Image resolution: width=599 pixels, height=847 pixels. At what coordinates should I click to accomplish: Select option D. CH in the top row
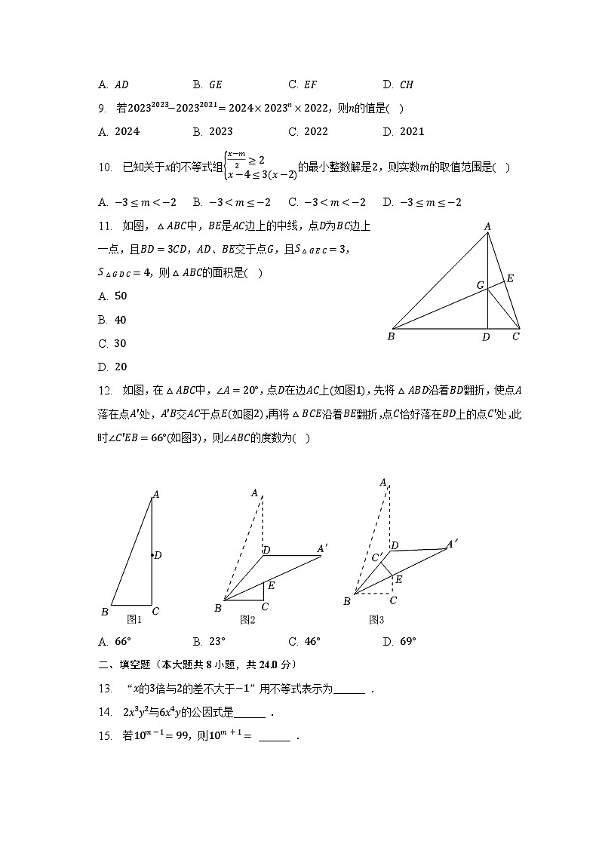coord(398,85)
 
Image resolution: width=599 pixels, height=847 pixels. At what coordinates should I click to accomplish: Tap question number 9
coord(102,109)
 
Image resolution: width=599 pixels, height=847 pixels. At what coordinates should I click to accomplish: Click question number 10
coord(105,167)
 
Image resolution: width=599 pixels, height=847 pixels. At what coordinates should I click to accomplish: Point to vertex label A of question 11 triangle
coord(487,226)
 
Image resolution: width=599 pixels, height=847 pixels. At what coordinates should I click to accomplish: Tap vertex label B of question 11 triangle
coord(391,336)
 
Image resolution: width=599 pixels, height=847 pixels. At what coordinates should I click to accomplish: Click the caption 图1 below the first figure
coord(134,619)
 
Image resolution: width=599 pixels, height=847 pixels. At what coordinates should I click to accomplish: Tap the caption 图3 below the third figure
coord(376,620)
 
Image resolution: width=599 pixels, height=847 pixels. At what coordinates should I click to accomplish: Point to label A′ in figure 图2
coord(323,548)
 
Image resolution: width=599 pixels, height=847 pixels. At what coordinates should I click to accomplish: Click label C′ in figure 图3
coord(378,558)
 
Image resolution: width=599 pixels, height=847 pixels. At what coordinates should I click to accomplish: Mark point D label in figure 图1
coord(158,555)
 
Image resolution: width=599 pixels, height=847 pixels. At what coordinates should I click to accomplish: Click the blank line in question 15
coord(274,738)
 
